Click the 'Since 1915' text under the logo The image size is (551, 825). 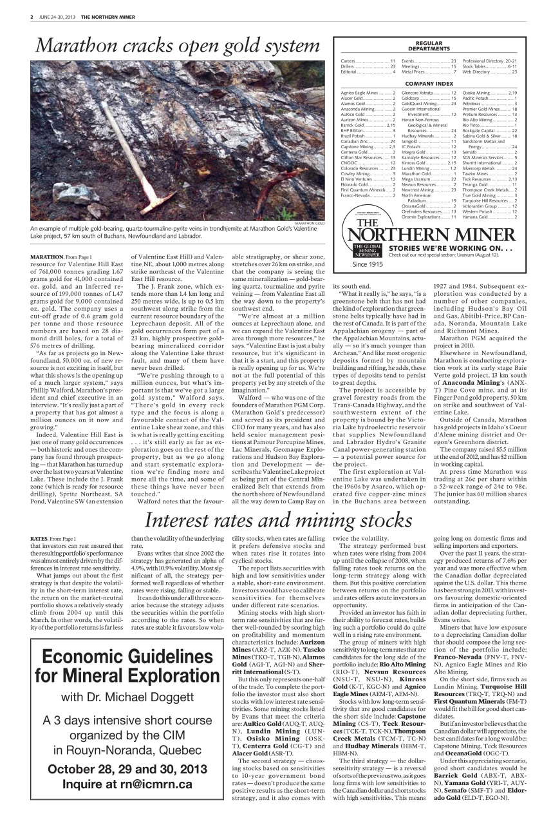[x=368, y=264]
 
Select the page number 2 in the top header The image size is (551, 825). [x=32, y=17]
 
